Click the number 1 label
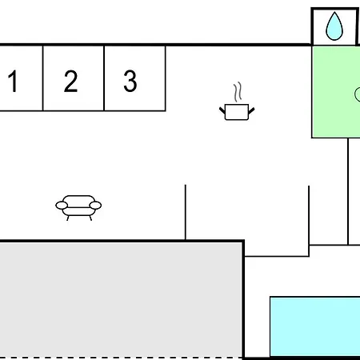[x=13, y=81]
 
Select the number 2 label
[x=70, y=81]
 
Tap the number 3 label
[x=130, y=81]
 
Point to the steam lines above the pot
[x=238, y=92]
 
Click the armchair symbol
[x=78, y=208]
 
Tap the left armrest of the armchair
[x=62, y=206]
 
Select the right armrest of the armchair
[x=95, y=206]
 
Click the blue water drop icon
[x=334, y=26]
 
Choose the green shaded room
[x=336, y=92]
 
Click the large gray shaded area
[x=122, y=299]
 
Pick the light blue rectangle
[x=315, y=326]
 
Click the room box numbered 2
[x=74, y=78]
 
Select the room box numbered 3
[x=134, y=78]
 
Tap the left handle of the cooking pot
[x=222, y=110]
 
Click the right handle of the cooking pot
[x=251, y=110]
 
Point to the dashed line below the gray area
[x=122, y=358]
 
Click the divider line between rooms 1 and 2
[x=42, y=78]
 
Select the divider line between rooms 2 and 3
[x=104, y=78]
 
